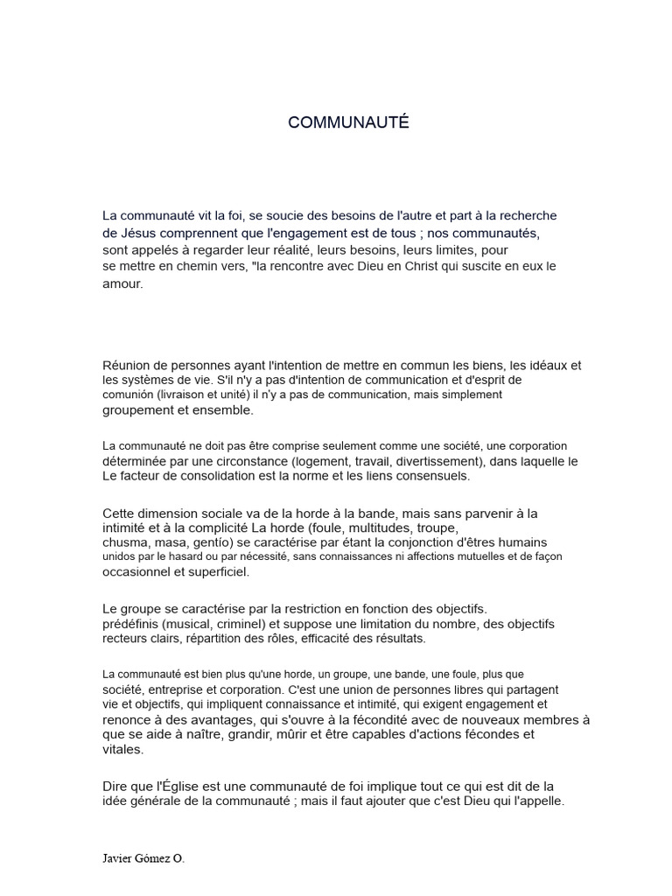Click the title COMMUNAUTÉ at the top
click(x=348, y=123)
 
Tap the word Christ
click(x=425, y=266)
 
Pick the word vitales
click(x=122, y=750)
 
